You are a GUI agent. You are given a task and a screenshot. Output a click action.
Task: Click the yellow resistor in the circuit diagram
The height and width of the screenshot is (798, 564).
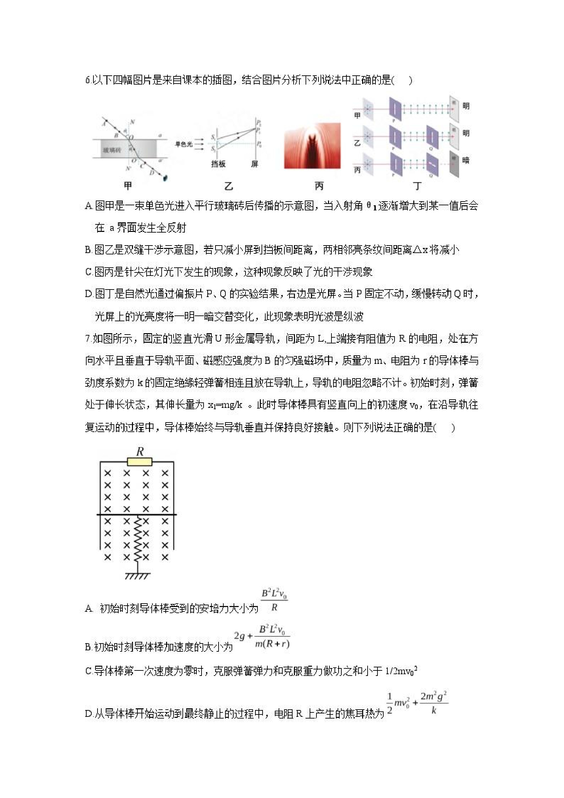pos(139,461)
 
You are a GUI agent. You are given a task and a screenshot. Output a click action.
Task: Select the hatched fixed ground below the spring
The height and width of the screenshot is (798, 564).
pos(138,576)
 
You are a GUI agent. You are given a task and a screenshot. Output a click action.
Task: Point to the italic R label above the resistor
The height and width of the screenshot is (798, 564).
pos(140,452)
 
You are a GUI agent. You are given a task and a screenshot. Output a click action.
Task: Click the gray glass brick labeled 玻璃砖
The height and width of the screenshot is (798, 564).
pos(125,149)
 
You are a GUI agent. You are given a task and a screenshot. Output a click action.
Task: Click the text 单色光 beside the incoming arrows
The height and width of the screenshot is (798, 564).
pos(184,144)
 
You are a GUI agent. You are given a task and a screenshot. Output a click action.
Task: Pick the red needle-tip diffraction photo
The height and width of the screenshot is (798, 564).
pos(312,146)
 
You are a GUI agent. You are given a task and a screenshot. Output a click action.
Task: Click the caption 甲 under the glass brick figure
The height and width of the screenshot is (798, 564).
pos(128,186)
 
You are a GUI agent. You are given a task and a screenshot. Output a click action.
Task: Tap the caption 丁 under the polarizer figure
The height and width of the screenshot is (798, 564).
pos(417,186)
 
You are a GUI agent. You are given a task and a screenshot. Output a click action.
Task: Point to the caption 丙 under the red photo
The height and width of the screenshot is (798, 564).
pos(319,186)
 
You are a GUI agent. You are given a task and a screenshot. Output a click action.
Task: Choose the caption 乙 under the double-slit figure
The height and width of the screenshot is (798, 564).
pos(228,186)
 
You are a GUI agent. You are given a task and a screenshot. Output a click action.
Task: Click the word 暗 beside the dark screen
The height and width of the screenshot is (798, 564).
pos(466,160)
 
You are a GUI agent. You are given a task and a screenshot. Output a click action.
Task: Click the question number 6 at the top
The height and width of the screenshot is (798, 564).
pos(87,80)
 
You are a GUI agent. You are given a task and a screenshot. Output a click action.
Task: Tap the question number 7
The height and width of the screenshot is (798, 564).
pos(87,339)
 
